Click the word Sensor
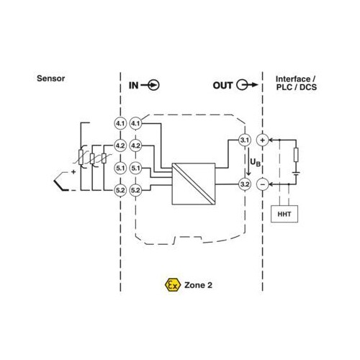pos(50,78)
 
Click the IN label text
pos(133,86)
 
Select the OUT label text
pos(222,86)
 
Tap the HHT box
pos(284,214)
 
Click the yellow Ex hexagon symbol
pos(173,285)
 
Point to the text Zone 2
pos(198,285)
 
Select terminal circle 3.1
pos(245,140)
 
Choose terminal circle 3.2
pos(245,184)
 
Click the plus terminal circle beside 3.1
pos(262,140)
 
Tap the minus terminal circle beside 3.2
pos(262,184)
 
